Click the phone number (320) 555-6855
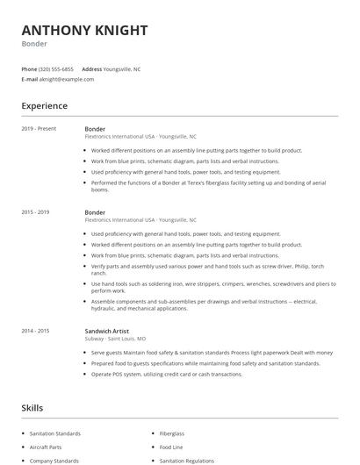point(57,68)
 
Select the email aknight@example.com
point(66,79)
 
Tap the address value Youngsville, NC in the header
point(122,68)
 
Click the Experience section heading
point(45,105)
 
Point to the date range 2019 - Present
point(39,129)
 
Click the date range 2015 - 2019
point(36,212)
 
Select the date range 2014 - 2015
point(36,330)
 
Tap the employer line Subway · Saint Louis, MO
point(115,338)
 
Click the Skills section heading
point(32,407)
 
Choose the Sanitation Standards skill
point(54,433)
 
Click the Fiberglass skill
point(172,433)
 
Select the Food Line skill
point(170,447)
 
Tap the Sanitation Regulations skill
point(186,460)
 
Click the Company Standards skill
point(54,460)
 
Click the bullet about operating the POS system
point(167,374)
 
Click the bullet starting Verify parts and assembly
point(207,266)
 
